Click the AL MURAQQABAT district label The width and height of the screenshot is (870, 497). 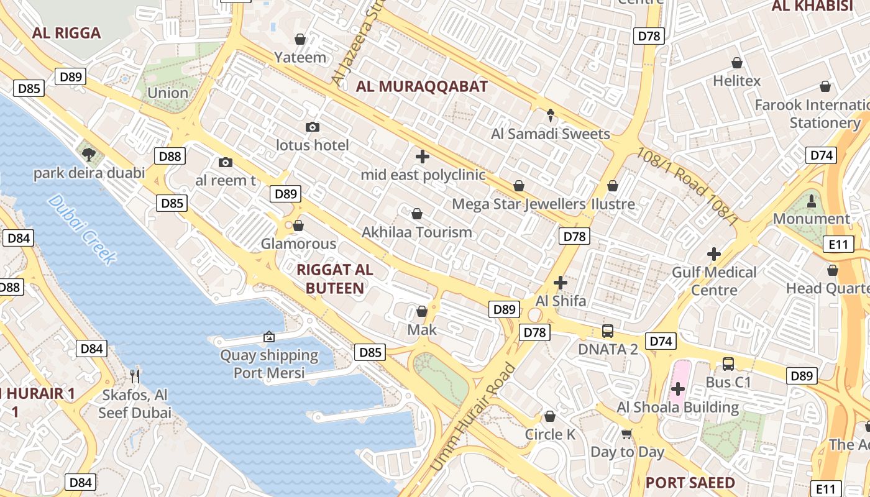[x=421, y=86]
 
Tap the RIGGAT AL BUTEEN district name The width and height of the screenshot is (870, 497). [x=335, y=278]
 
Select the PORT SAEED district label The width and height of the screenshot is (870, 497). [x=690, y=483]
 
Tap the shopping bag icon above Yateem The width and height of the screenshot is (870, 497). [x=300, y=39]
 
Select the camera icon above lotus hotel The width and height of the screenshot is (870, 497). [x=313, y=127]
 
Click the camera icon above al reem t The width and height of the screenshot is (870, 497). [x=226, y=163]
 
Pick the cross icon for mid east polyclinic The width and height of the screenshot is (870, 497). [x=423, y=157]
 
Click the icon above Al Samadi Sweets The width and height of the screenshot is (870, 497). [x=550, y=115]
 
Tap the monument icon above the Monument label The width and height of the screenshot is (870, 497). [x=811, y=201]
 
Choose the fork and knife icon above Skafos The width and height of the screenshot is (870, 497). [x=135, y=376]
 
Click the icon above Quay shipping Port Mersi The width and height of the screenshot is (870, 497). [x=269, y=337]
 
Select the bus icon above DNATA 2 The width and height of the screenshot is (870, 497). [x=608, y=331]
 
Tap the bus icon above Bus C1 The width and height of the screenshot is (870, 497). [x=728, y=364]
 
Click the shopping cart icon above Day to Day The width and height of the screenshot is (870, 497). [x=627, y=434]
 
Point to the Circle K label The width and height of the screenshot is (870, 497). [x=550, y=434]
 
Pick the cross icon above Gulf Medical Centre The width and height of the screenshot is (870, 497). [x=714, y=253]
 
